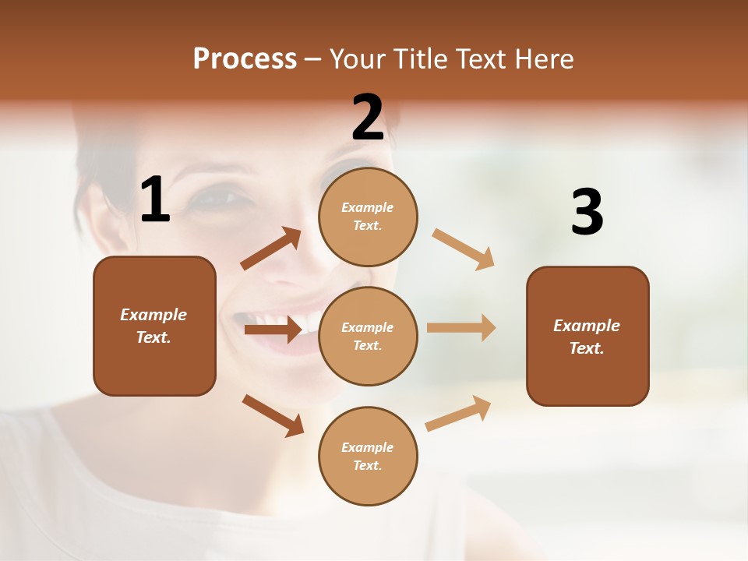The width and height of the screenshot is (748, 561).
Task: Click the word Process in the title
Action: (x=245, y=59)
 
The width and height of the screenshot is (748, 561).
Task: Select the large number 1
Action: (x=155, y=200)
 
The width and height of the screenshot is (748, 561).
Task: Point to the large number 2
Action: (x=368, y=118)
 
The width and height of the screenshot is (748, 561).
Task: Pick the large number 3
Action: (x=587, y=213)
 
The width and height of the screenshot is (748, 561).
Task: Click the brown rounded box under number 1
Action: (x=154, y=326)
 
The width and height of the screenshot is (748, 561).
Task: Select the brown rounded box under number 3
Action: (x=587, y=336)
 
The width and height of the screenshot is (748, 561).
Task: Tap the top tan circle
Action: (x=368, y=217)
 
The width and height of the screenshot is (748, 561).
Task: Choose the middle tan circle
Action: (x=368, y=336)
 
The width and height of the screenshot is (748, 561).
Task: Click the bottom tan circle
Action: (x=368, y=456)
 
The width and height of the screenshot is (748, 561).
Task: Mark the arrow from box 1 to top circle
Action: (x=270, y=249)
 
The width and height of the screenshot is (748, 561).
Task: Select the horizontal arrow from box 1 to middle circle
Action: (x=273, y=330)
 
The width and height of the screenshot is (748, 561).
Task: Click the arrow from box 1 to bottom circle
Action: (x=273, y=415)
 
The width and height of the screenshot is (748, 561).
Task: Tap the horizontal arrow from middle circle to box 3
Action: (x=461, y=327)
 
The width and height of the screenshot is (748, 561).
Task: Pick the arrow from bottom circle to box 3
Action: (x=458, y=413)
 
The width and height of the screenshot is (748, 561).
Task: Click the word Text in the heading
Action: (x=485, y=59)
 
